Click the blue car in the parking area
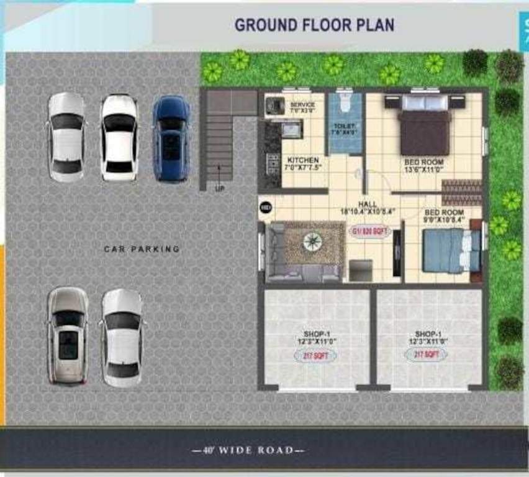point(171,138)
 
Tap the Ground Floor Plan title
point(314,25)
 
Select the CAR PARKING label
point(142,249)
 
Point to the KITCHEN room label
point(302,160)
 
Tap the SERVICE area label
point(303,105)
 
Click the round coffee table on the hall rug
point(312,242)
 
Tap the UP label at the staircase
point(219,188)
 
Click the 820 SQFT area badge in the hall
point(370,232)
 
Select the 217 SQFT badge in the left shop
point(315,355)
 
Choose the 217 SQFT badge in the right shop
point(426,355)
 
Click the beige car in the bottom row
point(68,335)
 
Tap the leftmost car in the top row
point(66,137)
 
